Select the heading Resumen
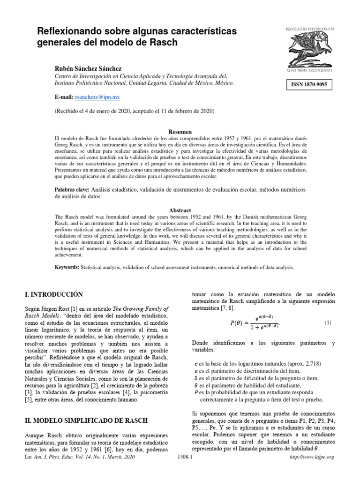click(x=180, y=132)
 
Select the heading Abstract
click(x=180, y=210)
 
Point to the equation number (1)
click(x=328, y=323)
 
